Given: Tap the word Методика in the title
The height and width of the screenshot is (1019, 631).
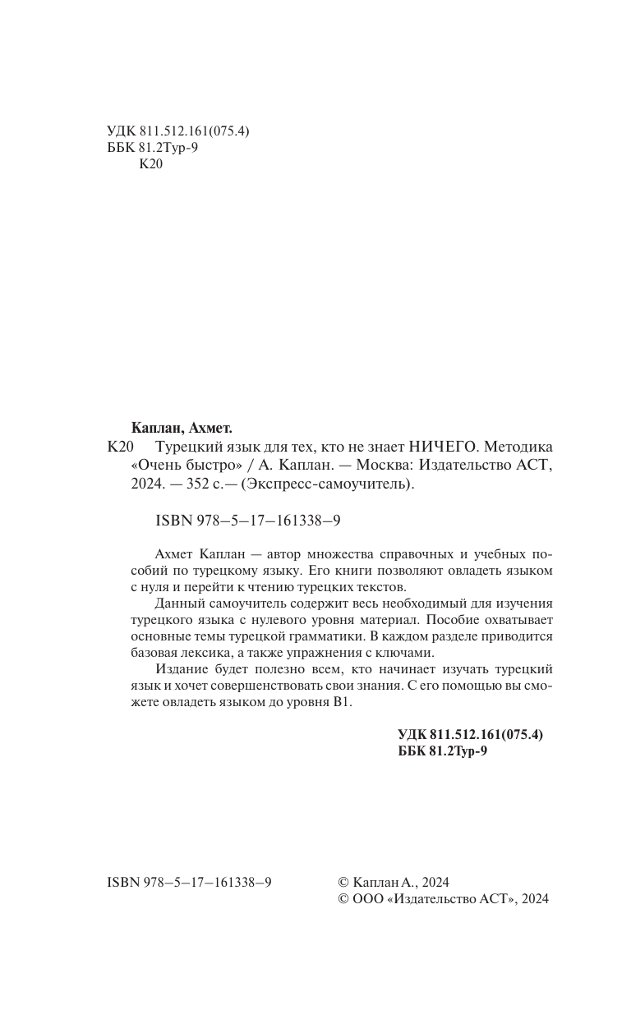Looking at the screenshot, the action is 519,448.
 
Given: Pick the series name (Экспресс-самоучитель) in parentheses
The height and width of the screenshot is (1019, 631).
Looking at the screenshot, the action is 339,485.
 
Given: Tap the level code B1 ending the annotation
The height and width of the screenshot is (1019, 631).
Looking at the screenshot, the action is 342,705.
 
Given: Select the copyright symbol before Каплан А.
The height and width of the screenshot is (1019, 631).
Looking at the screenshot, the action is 343,881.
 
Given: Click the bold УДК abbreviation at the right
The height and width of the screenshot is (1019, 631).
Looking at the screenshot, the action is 412,735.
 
